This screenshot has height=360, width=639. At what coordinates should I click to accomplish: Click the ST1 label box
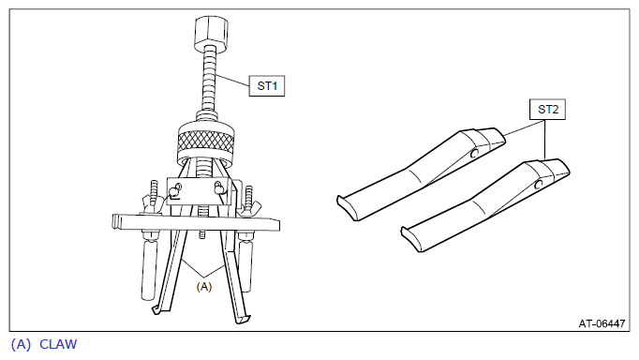click(x=267, y=86)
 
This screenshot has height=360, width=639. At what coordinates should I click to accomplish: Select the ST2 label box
click(x=547, y=110)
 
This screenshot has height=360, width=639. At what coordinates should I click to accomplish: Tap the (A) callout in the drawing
click(x=204, y=287)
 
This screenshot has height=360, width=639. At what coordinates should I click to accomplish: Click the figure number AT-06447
click(x=602, y=323)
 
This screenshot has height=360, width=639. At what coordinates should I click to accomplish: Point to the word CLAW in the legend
click(x=58, y=344)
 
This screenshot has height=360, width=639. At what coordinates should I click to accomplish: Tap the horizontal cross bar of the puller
click(x=196, y=222)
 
